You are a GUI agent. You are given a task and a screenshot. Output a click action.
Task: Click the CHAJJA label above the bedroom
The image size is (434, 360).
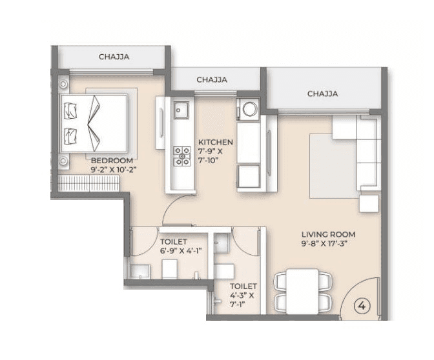[114, 57]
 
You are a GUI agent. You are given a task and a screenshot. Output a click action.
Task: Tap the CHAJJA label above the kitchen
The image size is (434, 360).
[211, 80]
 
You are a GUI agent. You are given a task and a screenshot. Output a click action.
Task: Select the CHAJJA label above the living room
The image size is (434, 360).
[322, 94]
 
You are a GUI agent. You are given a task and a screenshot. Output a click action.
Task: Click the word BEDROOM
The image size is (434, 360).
[112, 161]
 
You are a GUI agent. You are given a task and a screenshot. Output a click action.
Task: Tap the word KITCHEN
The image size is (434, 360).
[215, 143]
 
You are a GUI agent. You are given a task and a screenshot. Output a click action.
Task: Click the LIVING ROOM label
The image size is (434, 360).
[328, 234]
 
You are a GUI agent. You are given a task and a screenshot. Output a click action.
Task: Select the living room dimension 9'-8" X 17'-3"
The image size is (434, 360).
[328, 244]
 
